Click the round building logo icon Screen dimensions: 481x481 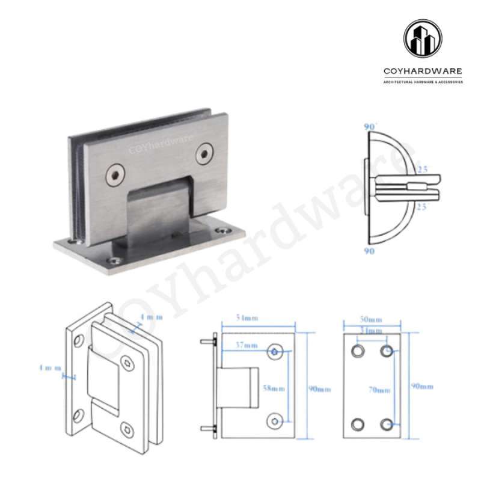pyautogui.click(x=422, y=39)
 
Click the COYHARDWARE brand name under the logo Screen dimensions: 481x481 pyautogui.click(x=423, y=72)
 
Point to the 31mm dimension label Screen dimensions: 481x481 pyautogui.click(x=372, y=331)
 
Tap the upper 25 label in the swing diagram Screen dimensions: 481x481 pyautogui.click(x=422, y=170)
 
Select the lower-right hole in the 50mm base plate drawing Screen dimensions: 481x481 pyautogui.click(x=387, y=424)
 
